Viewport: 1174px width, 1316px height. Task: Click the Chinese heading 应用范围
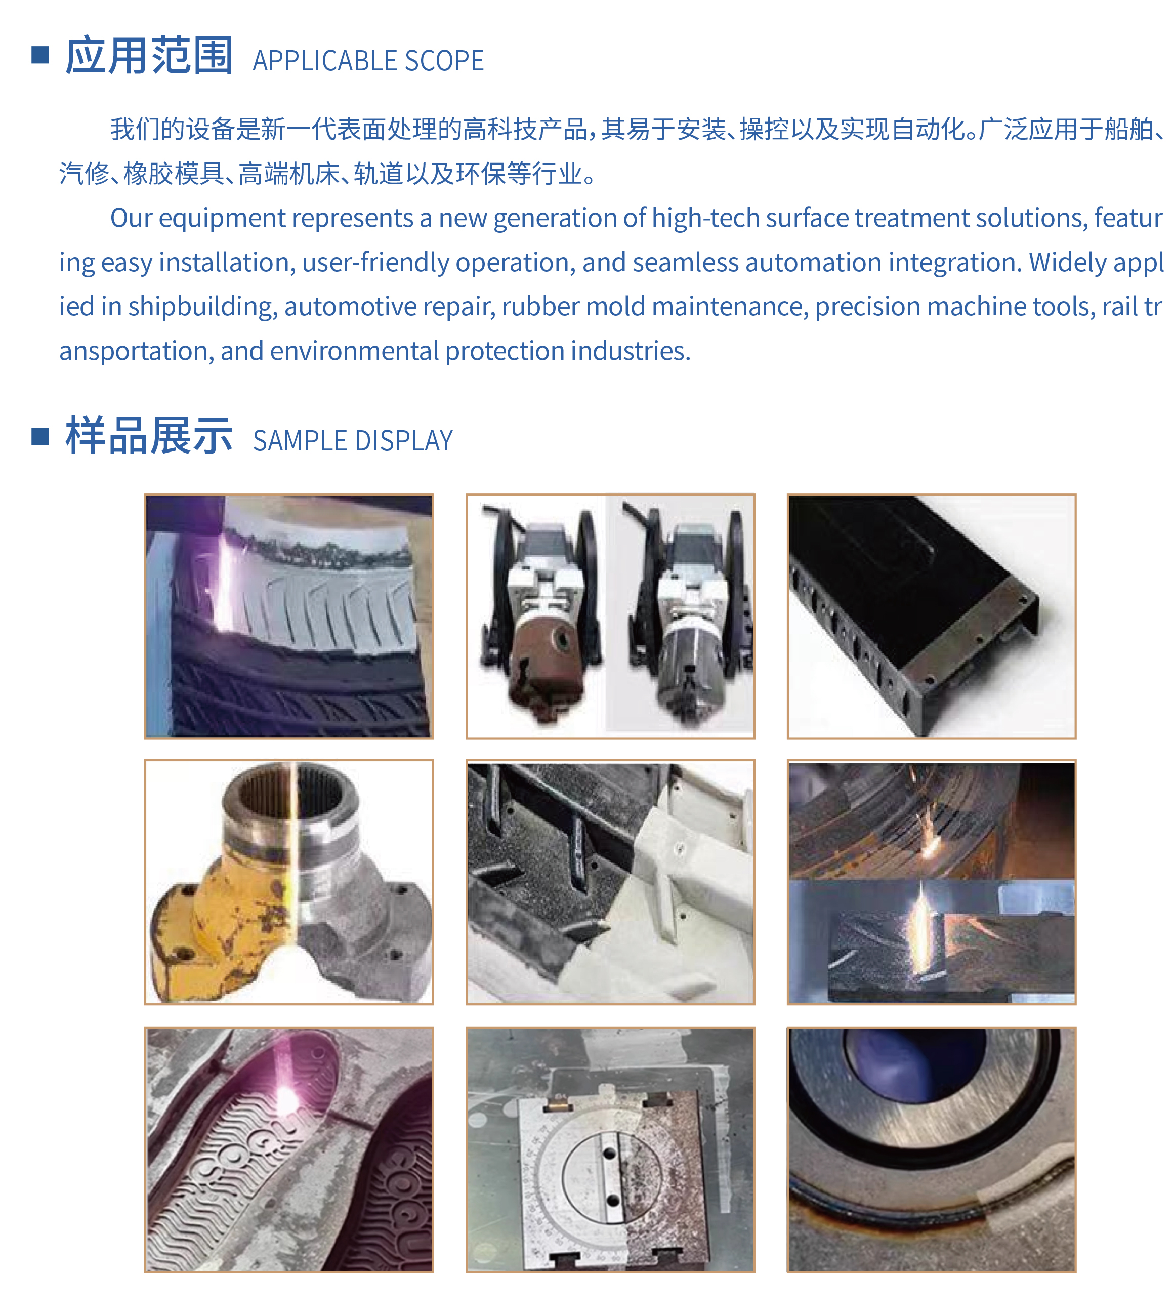coord(149,56)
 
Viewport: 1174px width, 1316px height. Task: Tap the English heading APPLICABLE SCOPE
coord(368,61)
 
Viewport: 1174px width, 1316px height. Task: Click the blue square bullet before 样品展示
coord(40,437)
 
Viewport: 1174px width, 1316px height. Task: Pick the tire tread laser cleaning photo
coord(289,616)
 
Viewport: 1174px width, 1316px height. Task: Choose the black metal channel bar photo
coord(932,616)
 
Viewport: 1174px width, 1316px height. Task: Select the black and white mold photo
coord(610,882)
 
